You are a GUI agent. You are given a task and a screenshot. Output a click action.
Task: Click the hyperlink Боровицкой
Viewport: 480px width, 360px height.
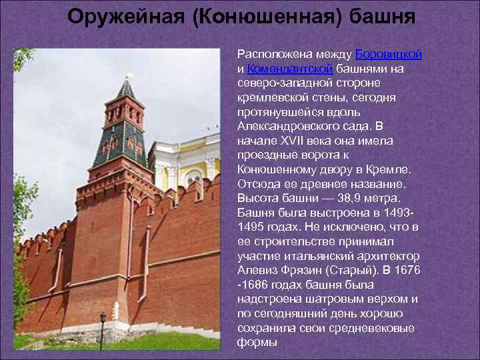pos(389,54)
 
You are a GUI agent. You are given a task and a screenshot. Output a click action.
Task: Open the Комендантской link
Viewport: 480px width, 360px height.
pos(289,69)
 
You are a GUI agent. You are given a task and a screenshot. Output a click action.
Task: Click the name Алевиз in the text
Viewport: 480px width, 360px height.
pos(255,270)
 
